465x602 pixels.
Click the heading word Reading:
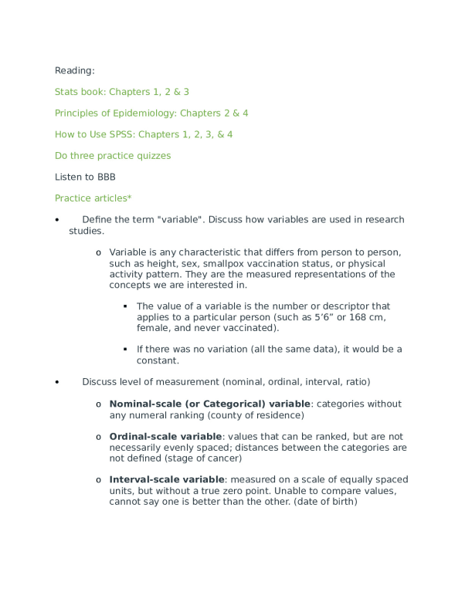pyautogui.click(x=75, y=71)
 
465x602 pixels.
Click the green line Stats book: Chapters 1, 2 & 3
pyautogui.click(x=122, y=92)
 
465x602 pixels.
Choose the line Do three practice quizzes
pyautogui.click(x=113, y=155)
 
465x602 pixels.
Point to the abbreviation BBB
pyautogui.click(x=107, y=177)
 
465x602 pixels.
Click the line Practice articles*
pyautogui.click(x=93, y=198)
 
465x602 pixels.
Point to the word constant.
pyautogui.click(x=158, y=360)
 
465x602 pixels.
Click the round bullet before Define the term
pyautogui.click(x=57, y=221)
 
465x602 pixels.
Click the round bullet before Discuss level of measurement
pyautogui.click(x=57, y=383)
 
